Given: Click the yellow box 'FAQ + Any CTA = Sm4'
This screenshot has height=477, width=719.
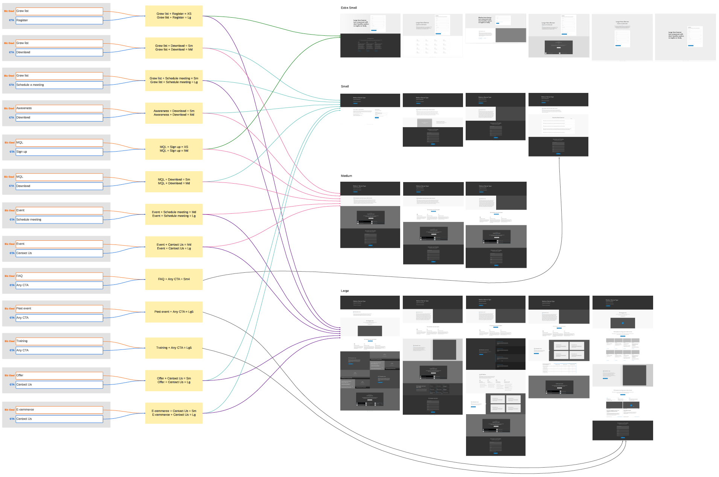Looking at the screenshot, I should pos(174,279).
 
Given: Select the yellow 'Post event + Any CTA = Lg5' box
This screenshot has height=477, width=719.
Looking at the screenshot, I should pos(174,312).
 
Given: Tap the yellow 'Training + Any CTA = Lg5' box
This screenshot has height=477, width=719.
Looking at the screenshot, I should pos(174,348).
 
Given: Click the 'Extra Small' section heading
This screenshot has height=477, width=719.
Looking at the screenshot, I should pos(349,8).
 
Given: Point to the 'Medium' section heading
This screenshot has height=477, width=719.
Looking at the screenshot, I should pos(346,176).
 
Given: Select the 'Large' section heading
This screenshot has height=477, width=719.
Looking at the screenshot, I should pos(345,291).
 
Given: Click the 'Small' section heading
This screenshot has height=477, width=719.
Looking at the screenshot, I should pos(345,87).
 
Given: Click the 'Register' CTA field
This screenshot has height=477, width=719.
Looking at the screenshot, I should pos(59,20).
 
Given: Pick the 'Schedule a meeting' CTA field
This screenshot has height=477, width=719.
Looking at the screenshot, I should pos(59,85).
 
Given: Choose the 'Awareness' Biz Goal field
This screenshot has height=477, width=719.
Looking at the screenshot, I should pos(59,108).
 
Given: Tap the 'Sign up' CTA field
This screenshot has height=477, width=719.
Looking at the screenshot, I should pos(59,152).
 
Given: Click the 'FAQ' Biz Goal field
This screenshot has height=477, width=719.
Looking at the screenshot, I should pos(59,276).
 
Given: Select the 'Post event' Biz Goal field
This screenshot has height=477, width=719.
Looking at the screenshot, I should pos(59,308).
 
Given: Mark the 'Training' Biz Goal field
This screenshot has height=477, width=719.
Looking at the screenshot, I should pos(59,341).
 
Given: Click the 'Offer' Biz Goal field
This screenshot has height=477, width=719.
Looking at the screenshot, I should pos(59,375).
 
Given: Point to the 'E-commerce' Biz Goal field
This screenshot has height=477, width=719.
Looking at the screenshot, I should pos(59,410).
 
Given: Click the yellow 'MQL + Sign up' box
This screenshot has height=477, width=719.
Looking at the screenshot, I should pos(174,149).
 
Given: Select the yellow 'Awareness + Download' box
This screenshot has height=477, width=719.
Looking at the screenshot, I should pos(174,113).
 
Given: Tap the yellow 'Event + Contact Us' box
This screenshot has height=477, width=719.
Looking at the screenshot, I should pos(174,247).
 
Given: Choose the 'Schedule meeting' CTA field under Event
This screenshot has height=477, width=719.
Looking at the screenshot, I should pos(59,220).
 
